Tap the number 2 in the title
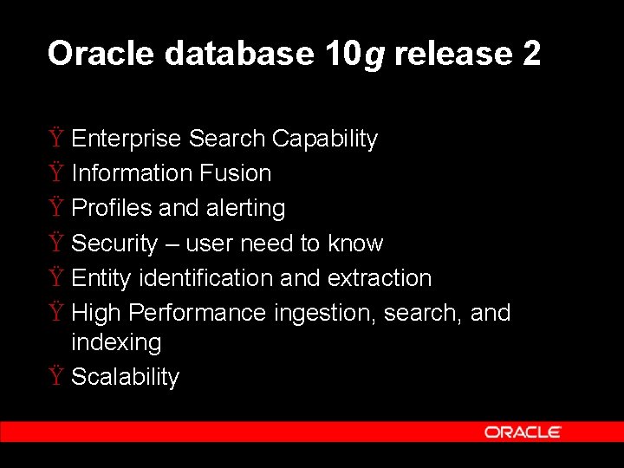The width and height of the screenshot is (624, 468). tap(531, 54)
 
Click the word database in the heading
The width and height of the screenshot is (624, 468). tap(238, 54)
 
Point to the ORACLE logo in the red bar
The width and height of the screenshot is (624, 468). tap(523, 432)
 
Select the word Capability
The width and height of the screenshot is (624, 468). tap(325, 139)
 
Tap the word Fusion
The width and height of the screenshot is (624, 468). tap(235, 173)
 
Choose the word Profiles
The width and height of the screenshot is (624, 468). tap(112, 208)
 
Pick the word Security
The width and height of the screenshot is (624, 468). tap(114, 244)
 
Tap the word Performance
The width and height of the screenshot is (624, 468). tap(198, 313)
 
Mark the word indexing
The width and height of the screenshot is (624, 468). tap(116, 342)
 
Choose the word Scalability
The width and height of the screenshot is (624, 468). tap(125, 377)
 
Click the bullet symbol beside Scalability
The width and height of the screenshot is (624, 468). tap(56, 377)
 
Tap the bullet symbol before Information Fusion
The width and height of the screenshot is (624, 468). tap(56, 173)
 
